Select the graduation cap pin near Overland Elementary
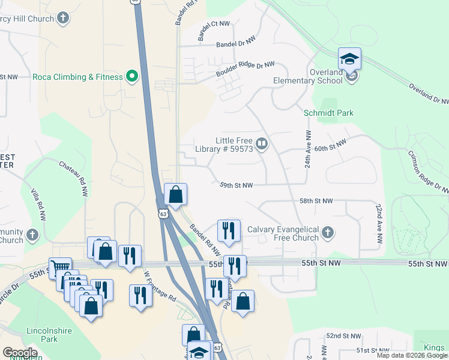[x=349, y=60]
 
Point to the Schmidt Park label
[x=328, y=113]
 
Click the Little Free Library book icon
[x=262, y=144]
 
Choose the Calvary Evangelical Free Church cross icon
[x=327, y=233]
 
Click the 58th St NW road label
[x=316, y=201]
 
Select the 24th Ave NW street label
[x=307, y=148]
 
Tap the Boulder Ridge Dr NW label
[x=245, y=69]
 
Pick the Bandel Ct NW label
[x=214, y=24]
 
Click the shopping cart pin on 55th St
[x=60, y=268]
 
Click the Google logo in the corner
[x=20, y=352]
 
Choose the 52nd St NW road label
[x=344, y=336]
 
